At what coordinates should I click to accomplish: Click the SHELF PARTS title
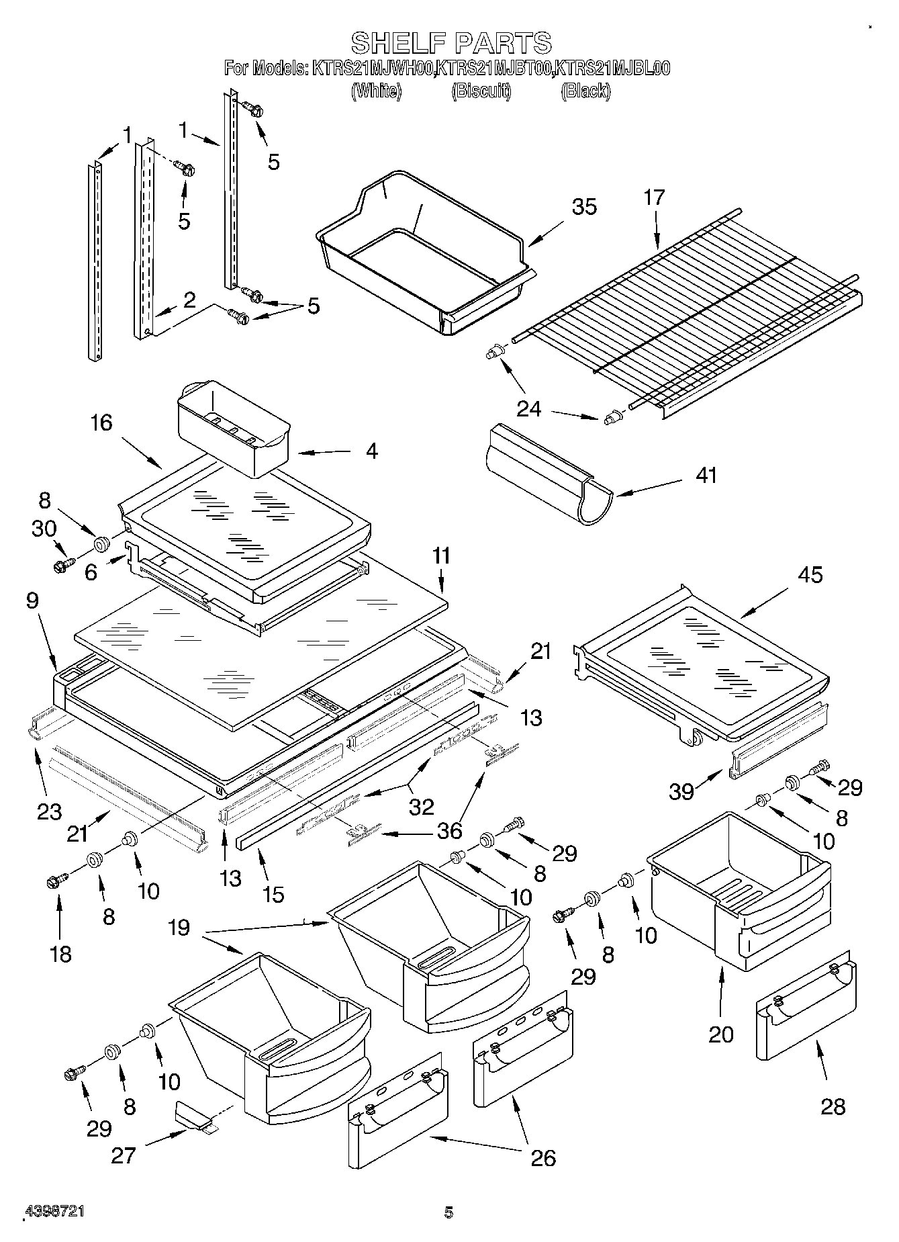click(x=451, y=43)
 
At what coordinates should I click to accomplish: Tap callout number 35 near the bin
click(x=583, y=206)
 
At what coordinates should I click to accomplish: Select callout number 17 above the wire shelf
click(x=654, y=197)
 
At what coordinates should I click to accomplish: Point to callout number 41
click(x=706, y=475)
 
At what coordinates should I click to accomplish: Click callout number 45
click(x=810, y=575)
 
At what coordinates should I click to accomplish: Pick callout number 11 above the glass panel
click(x=441, y=556)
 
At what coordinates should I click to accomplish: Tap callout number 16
click(x=102, y=423)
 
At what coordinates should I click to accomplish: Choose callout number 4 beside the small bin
click(x=371, y=450)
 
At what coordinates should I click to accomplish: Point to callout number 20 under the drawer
click(x=721, y=1034)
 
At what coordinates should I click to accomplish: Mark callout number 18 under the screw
click(x=61, y=954)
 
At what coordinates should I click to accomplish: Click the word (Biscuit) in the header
click(x=481, y=91)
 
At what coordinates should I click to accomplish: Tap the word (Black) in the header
click(x=585, y=91)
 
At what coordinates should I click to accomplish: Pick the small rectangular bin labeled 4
click(x=232, y=428)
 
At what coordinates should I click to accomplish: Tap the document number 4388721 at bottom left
click(x=54, y=1212)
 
